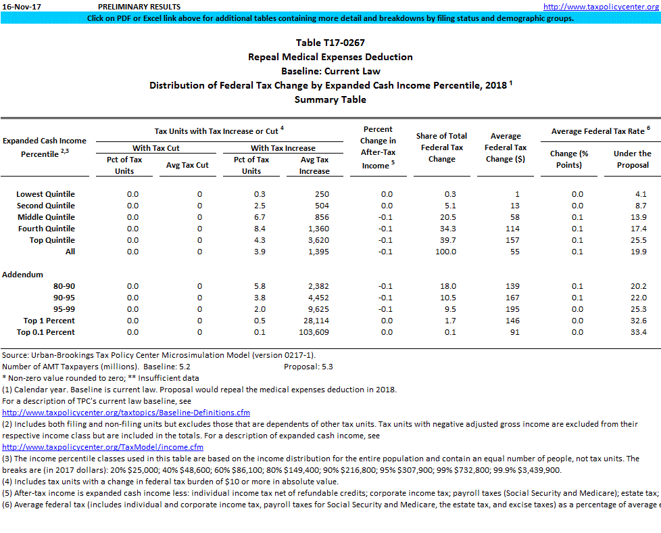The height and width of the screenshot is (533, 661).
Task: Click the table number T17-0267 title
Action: (x=330, y=43)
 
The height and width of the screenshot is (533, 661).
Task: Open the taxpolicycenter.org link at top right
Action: (x=601, y=7)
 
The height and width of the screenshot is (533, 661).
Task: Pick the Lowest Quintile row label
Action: (x=45, y=194)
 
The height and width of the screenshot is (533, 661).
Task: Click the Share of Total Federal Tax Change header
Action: (x=441, y=147)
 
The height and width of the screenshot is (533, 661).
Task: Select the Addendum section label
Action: (x=23, y=275)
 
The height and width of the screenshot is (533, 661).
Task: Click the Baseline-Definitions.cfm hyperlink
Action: (x=126, y=413)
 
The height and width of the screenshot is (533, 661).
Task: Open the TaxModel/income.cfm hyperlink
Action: (x=103, y=447)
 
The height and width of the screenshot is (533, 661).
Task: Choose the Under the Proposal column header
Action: (x=632, y=159)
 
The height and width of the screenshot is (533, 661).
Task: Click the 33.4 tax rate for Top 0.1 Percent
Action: (x=638, y=332)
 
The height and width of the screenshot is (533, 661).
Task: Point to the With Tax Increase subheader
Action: (x=283, y=148)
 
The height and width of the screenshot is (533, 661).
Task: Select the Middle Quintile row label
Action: (x=46, y=217)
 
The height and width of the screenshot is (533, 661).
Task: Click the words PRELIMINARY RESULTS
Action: (x=139, y=7)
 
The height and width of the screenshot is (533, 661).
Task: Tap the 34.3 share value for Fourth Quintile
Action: (x=447, y=229)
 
